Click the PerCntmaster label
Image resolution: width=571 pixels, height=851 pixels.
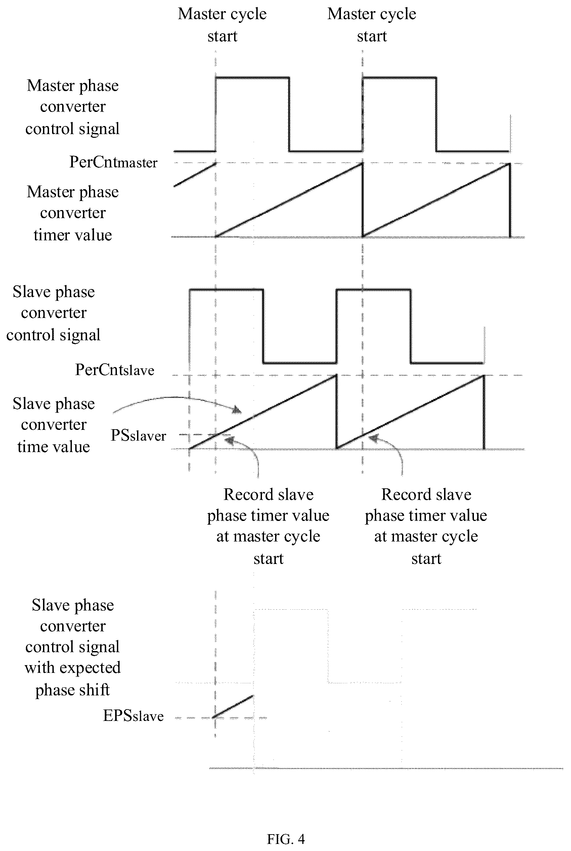pos(113,162)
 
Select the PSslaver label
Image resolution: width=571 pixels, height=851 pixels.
pos(138,435)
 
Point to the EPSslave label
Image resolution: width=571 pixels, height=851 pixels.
pos(133,716)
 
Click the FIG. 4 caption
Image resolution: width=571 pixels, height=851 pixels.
pos(285,839)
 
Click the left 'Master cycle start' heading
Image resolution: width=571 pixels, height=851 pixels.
pos(222,25)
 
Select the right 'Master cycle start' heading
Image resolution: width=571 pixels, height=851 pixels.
pos(371,25)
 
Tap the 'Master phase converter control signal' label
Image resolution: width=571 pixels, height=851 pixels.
pos(73,107)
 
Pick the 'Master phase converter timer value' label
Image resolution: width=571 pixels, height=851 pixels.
pos(73,213)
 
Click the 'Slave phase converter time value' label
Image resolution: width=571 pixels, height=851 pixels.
pos(53,425)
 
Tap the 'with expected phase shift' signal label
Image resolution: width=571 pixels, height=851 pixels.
pos(73,678)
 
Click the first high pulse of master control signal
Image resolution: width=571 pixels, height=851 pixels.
pos(252,77)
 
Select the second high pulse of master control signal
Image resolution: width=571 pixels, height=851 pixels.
pos(399,77)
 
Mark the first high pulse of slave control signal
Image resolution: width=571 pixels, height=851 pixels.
pos(226,290)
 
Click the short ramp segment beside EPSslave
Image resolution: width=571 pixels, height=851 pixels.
pos(233,706)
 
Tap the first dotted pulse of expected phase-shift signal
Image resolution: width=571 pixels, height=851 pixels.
pos(291,609)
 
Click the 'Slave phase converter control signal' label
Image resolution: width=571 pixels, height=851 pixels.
pos(53,313)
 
